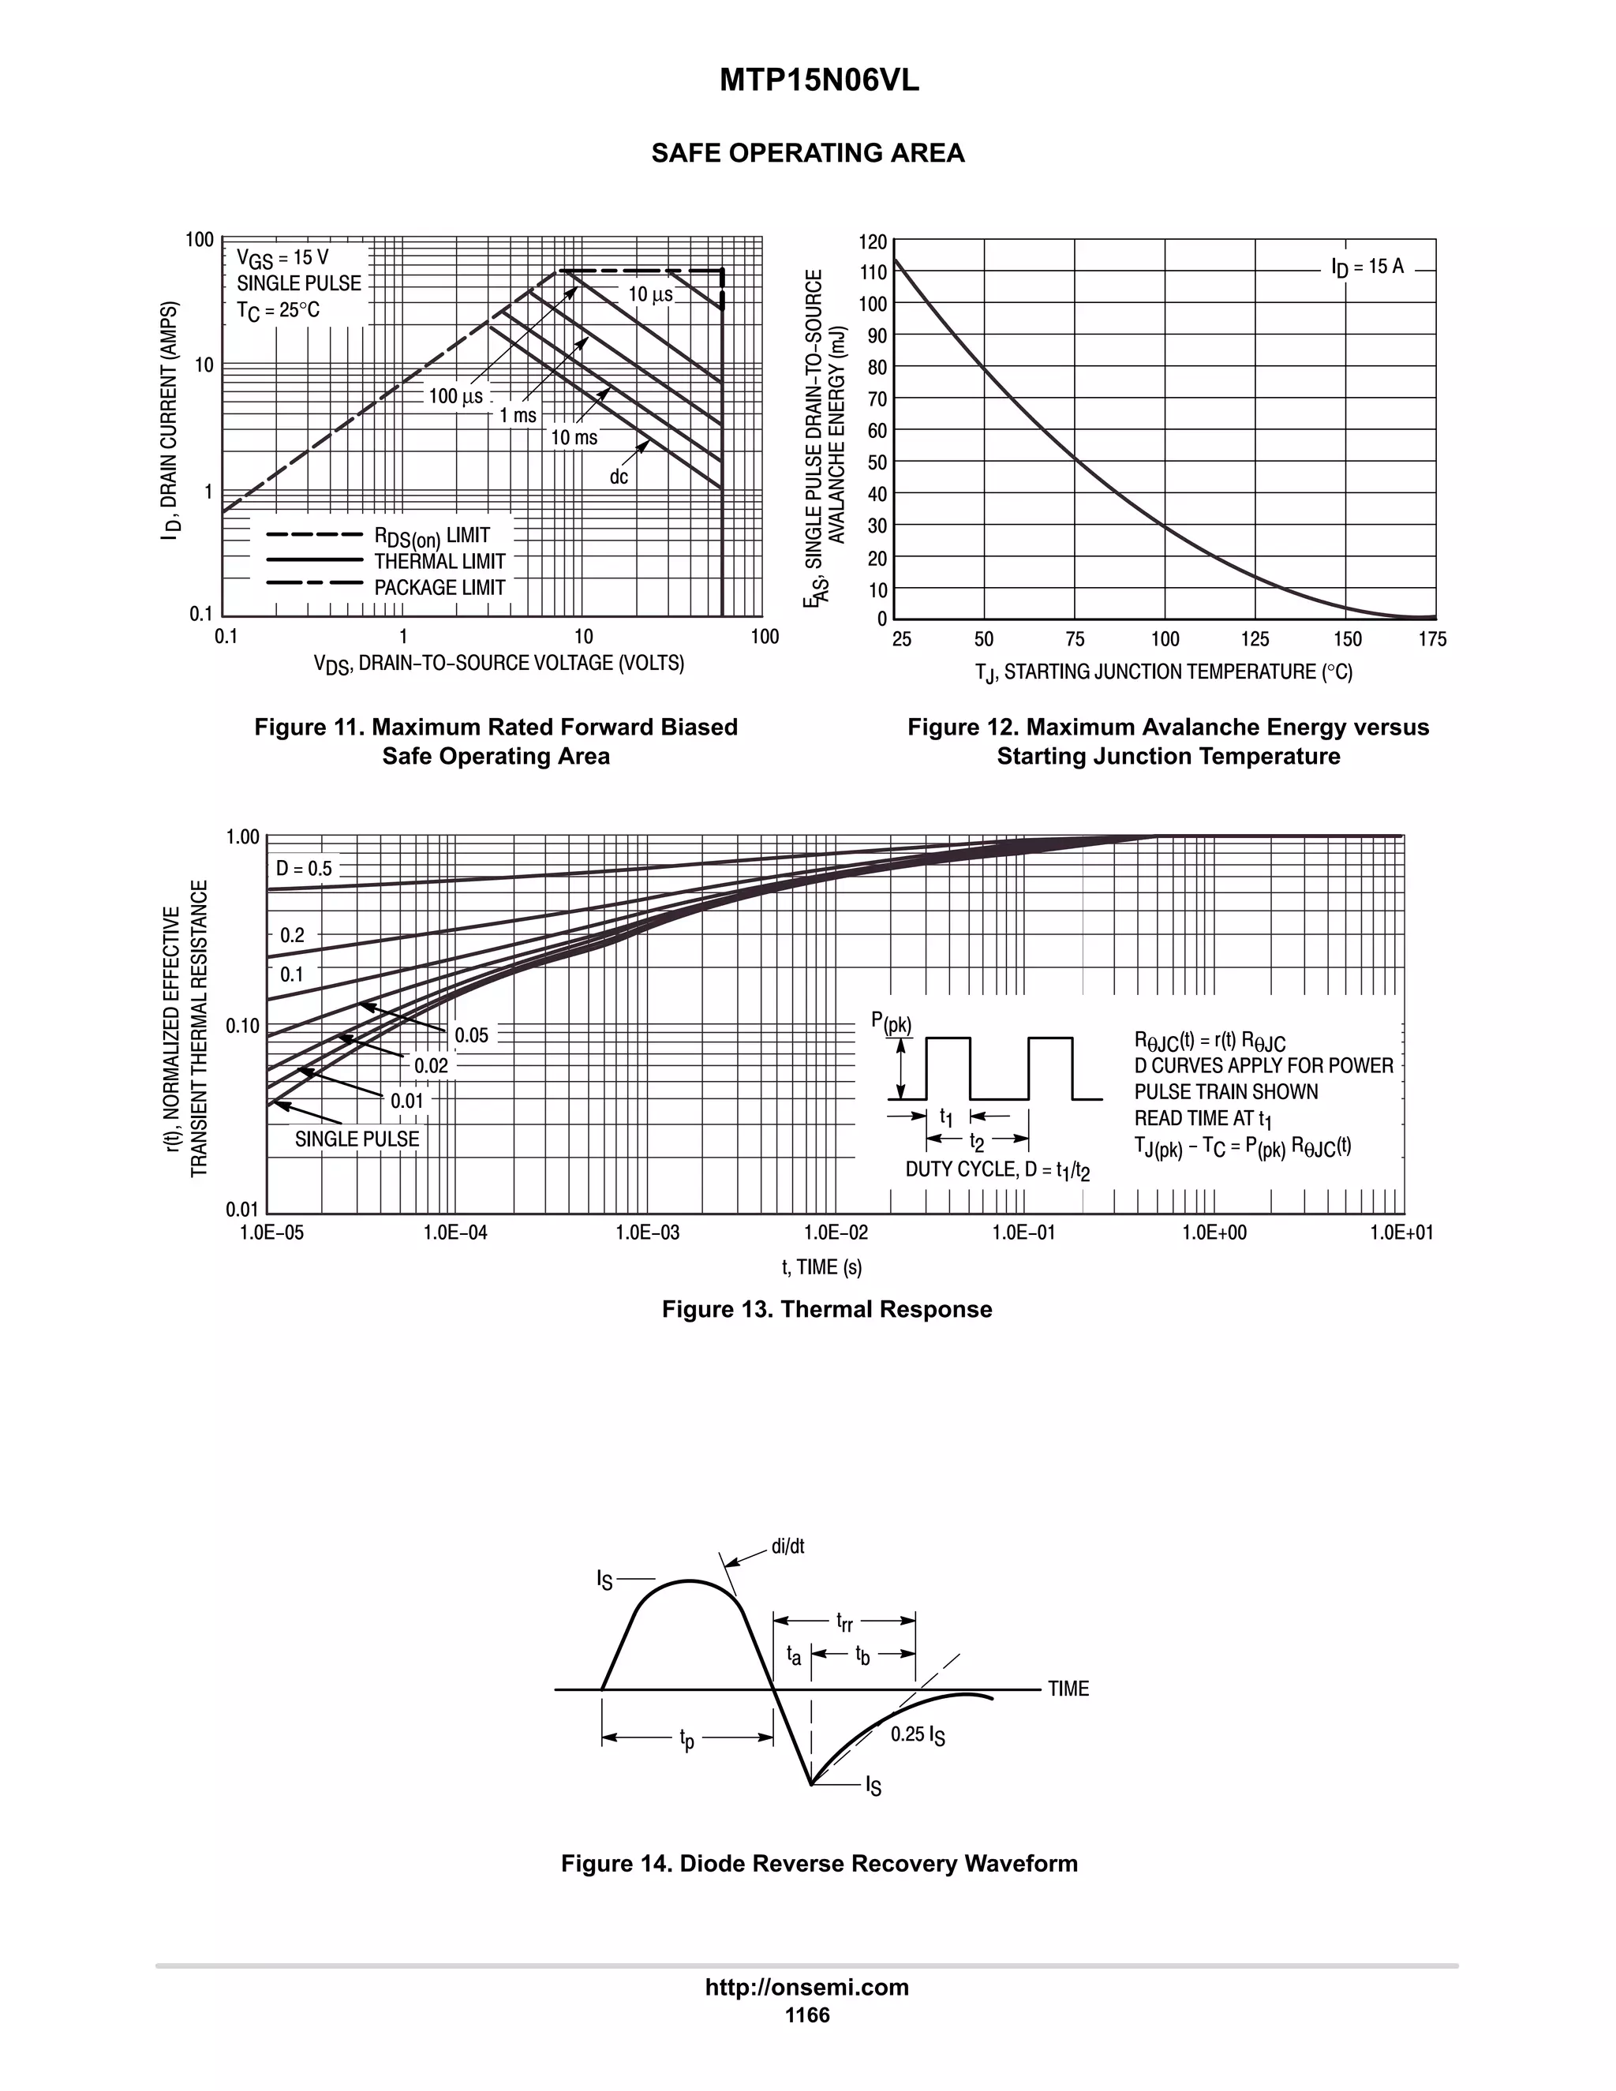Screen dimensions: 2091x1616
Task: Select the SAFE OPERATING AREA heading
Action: point(807,153)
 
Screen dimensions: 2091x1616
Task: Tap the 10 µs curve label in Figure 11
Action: point(650,295)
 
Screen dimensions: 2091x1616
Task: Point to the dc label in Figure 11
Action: point(619,477)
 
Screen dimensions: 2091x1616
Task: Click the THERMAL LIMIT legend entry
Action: point(440,562)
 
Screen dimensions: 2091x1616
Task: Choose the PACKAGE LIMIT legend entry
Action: point(440,588)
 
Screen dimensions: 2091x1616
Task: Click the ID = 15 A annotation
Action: point(1367,267)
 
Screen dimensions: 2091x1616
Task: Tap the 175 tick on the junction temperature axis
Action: point(1432,640)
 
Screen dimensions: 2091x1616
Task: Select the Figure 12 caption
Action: point(1168,742)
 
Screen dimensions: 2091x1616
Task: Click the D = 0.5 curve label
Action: point(305,869)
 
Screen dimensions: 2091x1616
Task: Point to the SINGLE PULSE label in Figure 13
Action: point(356,1139)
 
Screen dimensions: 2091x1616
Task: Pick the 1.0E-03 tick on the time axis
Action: point(647,1233)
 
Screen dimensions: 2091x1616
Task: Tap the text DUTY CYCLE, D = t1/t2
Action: point(997,1170)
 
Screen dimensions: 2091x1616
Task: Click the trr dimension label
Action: point(844,1621)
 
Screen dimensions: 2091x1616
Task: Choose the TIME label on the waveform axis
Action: point(1068,1689)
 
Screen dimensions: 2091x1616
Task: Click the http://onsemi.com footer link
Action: point(807,1987)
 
